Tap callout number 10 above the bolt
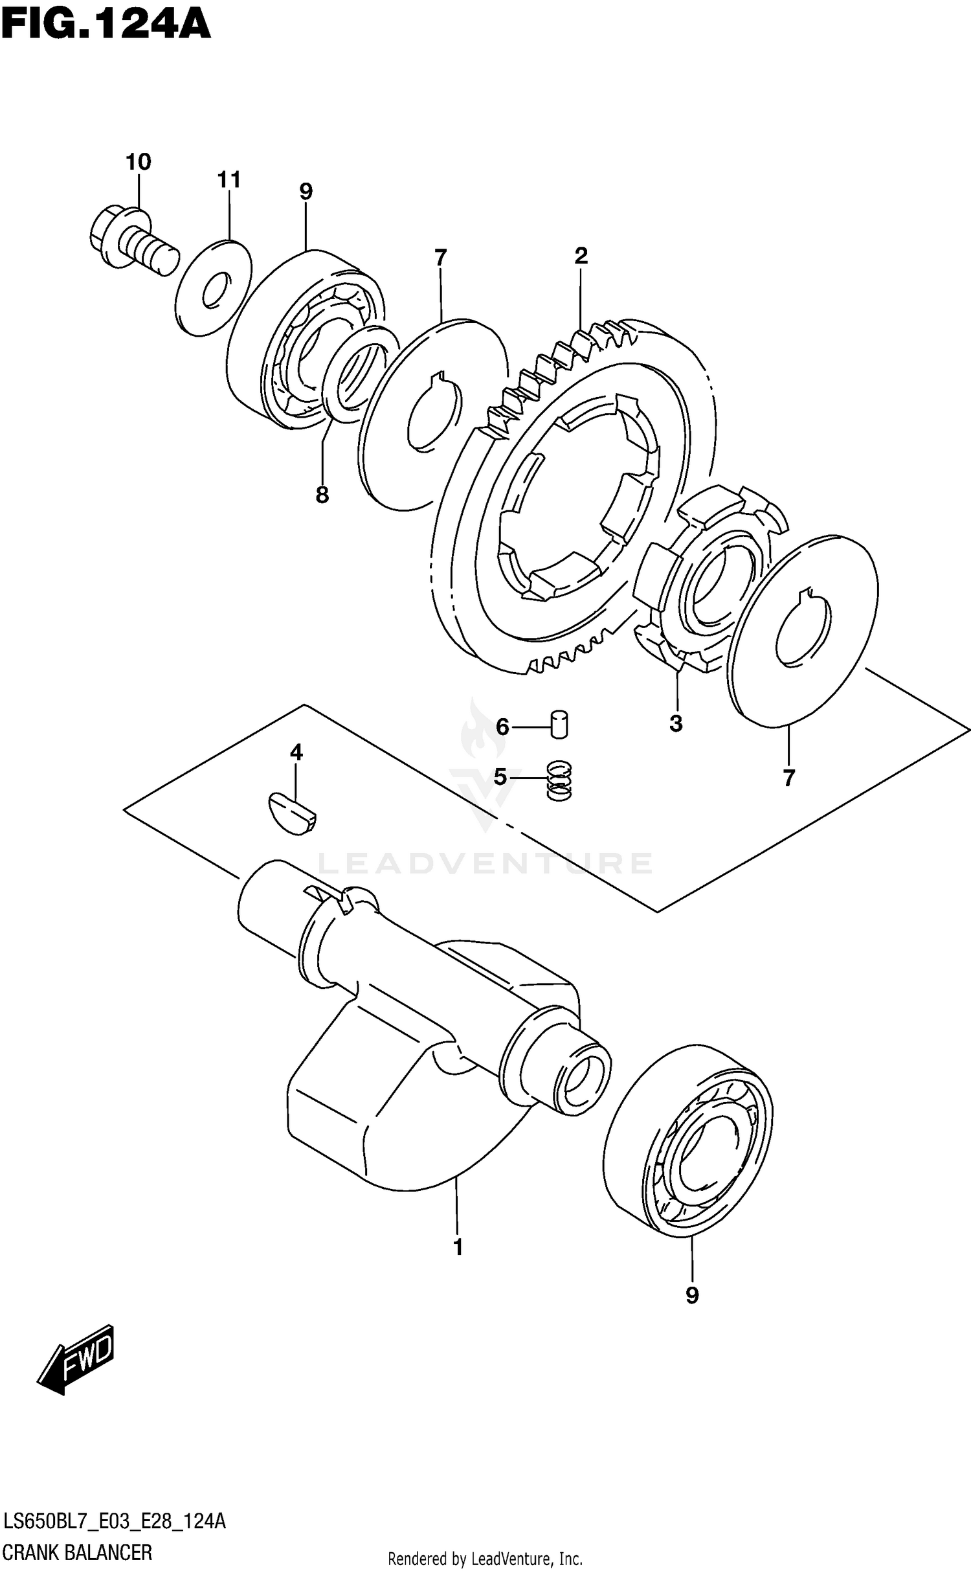138,162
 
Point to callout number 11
229,179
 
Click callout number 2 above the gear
581,256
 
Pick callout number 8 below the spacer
322,495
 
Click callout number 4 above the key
296,752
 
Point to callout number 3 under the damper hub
676,723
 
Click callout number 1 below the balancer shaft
458,1247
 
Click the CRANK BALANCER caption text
78,1552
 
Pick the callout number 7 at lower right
788,778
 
